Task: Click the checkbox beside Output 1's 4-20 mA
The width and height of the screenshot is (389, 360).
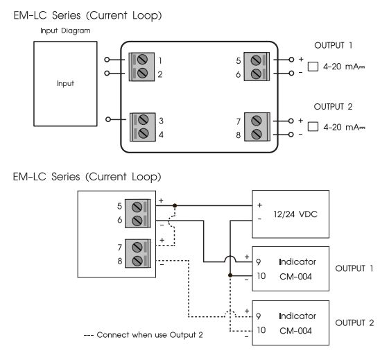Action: [313, 67]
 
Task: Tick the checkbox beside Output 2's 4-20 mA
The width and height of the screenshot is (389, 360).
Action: [313, 126]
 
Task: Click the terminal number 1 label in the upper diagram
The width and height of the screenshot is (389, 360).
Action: [160, 60]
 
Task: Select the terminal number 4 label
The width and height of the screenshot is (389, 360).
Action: [161, 135]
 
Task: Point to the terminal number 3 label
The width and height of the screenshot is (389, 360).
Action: [161, 121]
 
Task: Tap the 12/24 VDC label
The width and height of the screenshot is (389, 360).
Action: [295, 214]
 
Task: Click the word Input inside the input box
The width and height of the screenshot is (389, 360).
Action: [65, 84]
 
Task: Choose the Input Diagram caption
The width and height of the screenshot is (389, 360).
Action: [65, 31]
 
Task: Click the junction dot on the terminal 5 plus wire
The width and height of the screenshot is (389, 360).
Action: [175, 205]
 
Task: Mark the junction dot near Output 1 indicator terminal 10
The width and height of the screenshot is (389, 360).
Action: [230, 275]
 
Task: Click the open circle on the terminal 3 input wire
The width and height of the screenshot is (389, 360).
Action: [108, 119]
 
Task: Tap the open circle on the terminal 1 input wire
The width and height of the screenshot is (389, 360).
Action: [107, 60]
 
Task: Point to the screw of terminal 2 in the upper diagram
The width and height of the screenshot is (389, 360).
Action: [142, 74]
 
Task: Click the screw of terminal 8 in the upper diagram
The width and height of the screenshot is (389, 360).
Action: [257, 135]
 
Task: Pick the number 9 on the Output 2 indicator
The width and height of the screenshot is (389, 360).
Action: [259, 316]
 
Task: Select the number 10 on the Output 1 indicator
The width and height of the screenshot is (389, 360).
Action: [261, 276]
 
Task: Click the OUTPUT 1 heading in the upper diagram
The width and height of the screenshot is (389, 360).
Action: [333, 45]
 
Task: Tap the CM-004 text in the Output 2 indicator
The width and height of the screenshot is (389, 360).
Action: [295, 331]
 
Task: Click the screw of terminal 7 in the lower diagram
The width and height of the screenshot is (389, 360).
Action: [137, 248]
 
